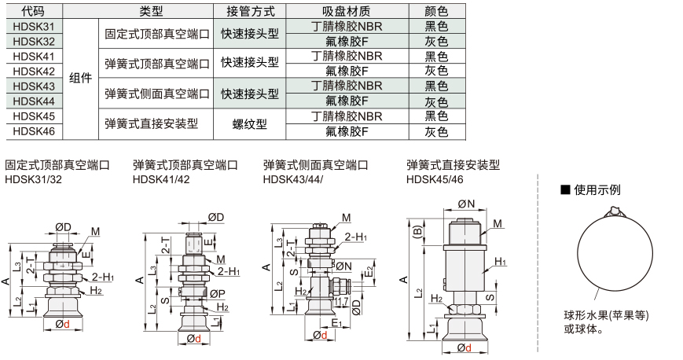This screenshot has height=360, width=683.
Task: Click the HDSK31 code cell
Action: [34, 27]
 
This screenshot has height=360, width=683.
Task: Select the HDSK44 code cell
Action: [34, 101]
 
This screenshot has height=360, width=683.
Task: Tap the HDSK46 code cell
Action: [34, 131]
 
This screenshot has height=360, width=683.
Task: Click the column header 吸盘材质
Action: [347, 11]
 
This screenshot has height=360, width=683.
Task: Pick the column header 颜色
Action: [436, 11]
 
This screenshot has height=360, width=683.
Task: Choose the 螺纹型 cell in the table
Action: [250, 124]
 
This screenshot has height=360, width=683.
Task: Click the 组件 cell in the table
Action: [81, 79]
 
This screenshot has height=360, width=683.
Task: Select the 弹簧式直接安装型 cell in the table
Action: [152, 124]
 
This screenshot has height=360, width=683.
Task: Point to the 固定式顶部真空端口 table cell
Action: [157, 34]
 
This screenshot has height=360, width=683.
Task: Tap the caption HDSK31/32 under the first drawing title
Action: [33, 179]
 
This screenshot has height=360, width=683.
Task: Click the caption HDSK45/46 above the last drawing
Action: [435, 179]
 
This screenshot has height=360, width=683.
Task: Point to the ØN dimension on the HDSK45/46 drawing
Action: [466, 204]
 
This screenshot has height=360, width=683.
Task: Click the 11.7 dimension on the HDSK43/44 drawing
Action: [340, 301]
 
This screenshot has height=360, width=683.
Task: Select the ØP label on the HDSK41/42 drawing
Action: [217, 294]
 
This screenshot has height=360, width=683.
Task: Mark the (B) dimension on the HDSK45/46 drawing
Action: [417, 231]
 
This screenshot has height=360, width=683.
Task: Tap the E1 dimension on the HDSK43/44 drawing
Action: [337, 323]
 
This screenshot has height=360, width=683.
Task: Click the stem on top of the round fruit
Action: [614, 212]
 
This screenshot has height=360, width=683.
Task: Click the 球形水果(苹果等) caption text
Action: [606, 315]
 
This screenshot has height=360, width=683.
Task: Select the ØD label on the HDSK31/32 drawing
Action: [63, 227]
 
